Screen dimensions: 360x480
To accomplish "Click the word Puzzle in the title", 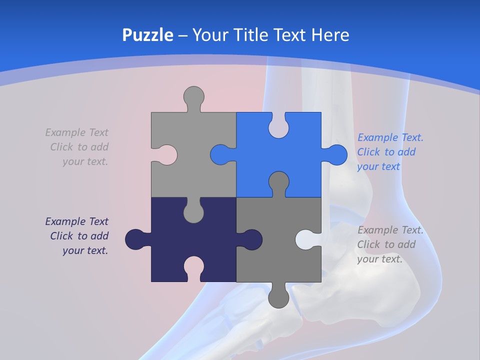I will (148, 35).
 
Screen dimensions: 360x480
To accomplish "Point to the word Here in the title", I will (330, 35).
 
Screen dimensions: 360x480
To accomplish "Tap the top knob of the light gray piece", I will (194, 96).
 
